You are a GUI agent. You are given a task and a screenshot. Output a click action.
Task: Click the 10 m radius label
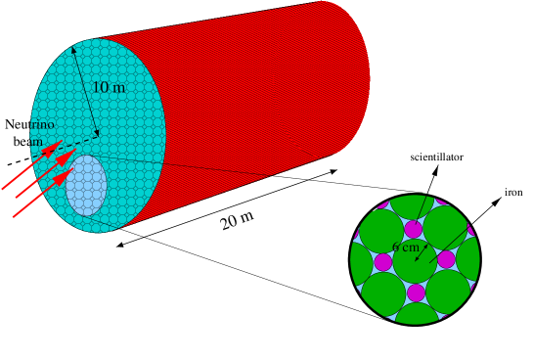[109, 88]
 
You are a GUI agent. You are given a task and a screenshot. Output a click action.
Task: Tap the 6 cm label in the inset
[405, 247]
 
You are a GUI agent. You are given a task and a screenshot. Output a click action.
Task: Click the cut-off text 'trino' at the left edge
[41, 125]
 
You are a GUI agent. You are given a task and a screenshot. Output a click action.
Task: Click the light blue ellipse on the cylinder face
[87, 185]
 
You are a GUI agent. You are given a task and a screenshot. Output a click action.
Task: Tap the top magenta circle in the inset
[414, 229]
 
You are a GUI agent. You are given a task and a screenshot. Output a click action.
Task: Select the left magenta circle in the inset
[383, 262]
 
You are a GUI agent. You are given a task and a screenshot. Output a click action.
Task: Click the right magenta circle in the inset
[446, 259]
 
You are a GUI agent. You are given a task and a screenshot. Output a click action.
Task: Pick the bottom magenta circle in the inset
[416, 292]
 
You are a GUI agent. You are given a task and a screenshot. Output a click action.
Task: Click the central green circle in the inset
[415, 259]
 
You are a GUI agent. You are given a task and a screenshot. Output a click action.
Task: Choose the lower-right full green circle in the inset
[449, 290]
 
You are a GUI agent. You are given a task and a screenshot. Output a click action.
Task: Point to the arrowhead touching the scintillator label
[436, 166]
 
